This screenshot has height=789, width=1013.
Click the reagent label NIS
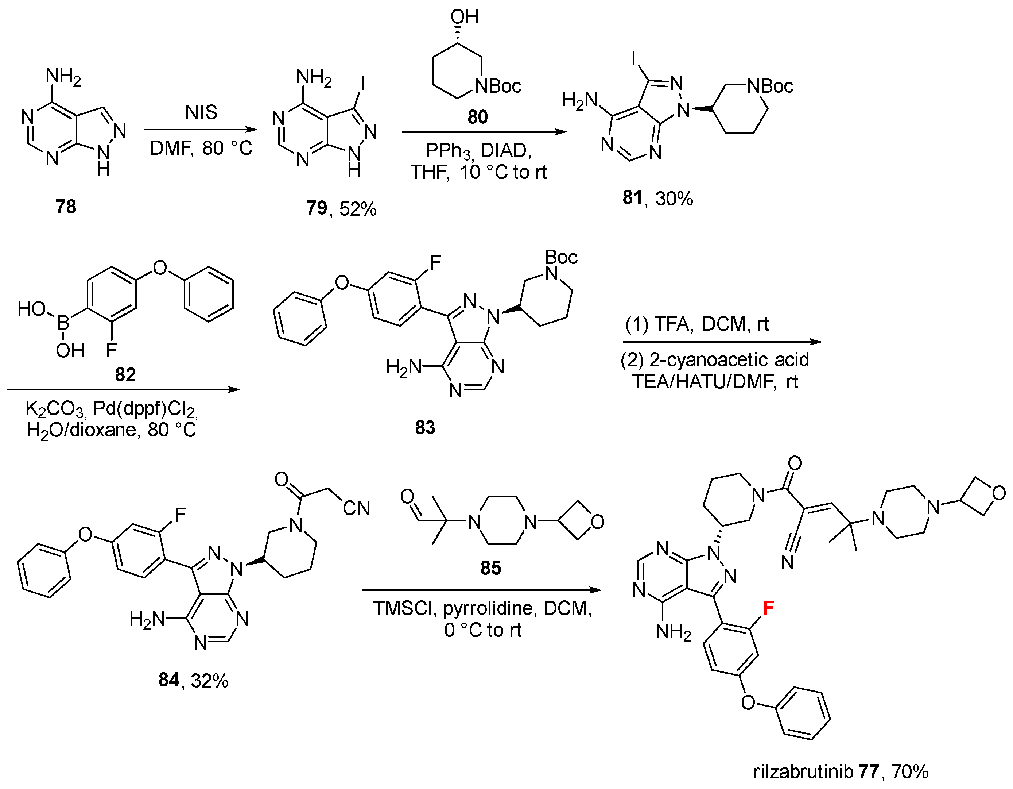[201, 112]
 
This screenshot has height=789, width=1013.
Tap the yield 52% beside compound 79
[358, 209]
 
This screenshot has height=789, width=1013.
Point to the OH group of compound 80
[464, 17]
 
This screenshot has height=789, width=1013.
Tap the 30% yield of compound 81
[674, 199]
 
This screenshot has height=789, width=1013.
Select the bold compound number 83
[425, 427]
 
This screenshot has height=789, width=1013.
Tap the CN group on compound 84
[356, 508]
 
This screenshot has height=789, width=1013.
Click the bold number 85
[491, 567]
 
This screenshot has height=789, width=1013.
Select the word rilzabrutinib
[803, 772]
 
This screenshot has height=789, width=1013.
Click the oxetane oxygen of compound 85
[597, 522]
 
